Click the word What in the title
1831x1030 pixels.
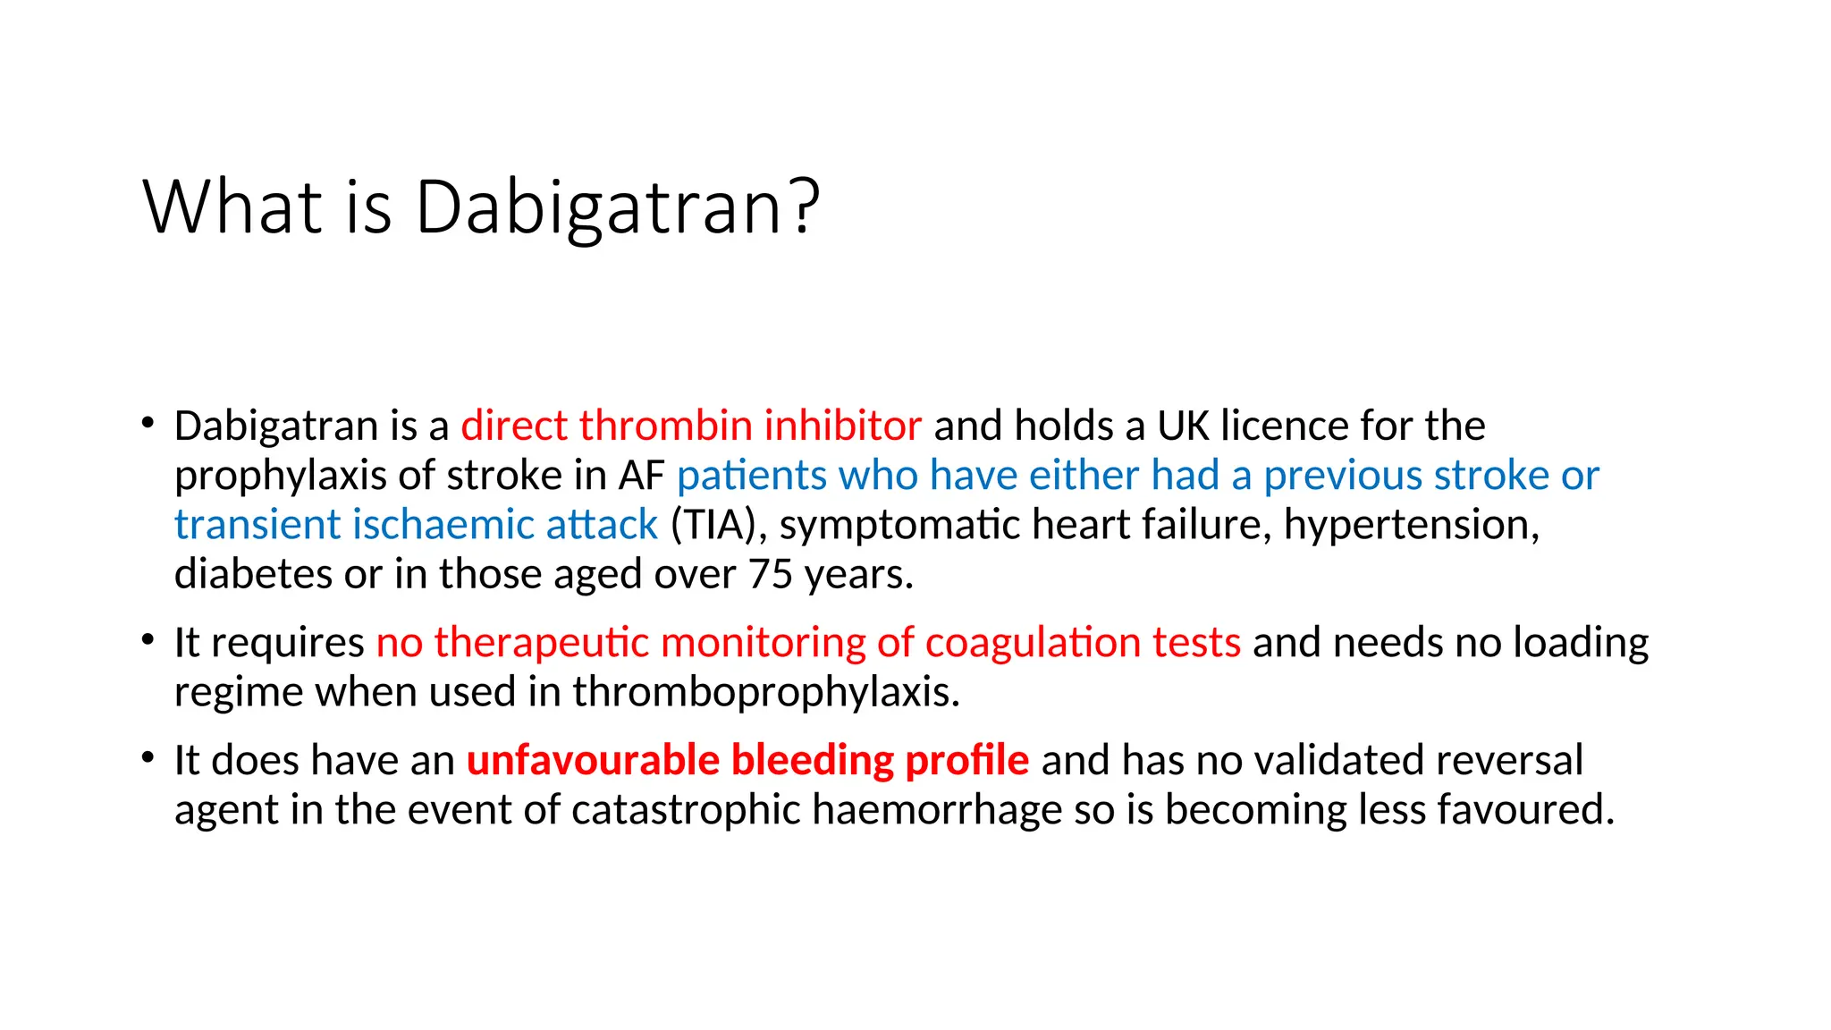[232, 207]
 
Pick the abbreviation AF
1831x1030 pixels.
[641, 476]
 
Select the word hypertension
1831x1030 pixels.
[1411, 525]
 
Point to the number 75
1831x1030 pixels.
[771, 574]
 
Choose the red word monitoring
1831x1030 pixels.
[763, 643]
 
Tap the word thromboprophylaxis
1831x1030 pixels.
[766, 692]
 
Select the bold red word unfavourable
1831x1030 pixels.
[593, 760]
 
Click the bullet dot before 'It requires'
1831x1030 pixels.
[148, 640]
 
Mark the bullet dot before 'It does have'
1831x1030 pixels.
[148, 758]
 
